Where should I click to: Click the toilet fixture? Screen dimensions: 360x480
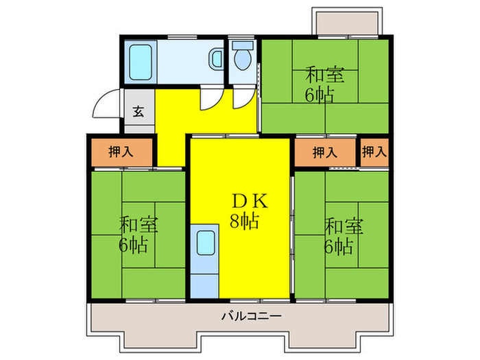click(x=242, y=58)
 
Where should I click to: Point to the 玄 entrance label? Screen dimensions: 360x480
click(x=138, y=112)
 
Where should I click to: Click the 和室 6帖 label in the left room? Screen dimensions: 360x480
click(x=136, y=234)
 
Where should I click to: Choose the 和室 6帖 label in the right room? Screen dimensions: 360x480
click(x=339, y=235)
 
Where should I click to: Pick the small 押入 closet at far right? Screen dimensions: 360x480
click(x=374, y=152)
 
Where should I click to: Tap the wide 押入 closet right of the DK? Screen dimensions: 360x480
click(x=325, y=152)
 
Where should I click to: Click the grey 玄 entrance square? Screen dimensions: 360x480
click(x=138, y=112)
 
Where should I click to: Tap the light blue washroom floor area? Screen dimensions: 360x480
click(x=185, y=62)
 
